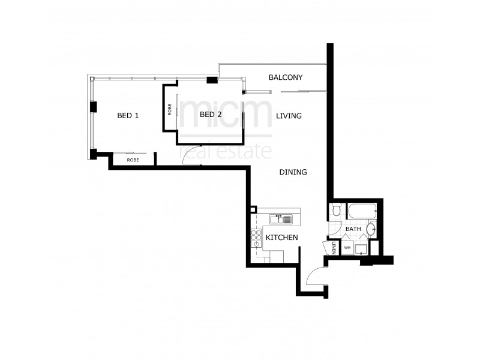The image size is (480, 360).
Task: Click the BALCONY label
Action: (x=285, y=77)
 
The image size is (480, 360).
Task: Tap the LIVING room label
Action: (x=289, y=116)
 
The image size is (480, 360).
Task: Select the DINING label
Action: (x=293, y=172)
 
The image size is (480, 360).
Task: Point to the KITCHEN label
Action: (x=281, y=238)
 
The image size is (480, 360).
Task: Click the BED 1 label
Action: (x=128, y=115)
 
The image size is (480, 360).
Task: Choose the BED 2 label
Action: (x=211, y=115)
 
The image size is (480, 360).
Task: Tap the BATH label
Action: (x=353, y=229)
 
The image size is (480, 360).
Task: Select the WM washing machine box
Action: (x=347, y=247)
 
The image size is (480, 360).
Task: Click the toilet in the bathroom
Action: (x=337, y=211)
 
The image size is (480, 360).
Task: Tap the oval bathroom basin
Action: (x=371, y=229)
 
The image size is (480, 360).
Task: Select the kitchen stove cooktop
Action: (x=256, y=238)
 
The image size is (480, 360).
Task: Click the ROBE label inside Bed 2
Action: (x=170, y=109)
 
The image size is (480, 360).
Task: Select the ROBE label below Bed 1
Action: (x=133, y=160)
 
